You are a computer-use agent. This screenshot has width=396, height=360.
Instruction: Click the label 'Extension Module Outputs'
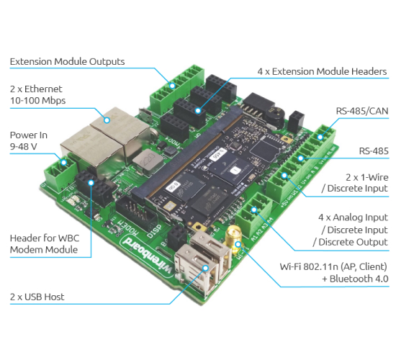tap(67, 62)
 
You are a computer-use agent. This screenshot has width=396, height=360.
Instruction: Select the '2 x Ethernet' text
tap(36, 89)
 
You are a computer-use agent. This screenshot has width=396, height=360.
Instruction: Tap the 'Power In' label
tap(29, 135)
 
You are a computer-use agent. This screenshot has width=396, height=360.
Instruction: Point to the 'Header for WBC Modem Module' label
tap(45, 244)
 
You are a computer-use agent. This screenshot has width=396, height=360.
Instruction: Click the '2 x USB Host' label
tap(37, 297)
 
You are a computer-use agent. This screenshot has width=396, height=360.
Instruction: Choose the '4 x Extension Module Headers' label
tap(322, 71)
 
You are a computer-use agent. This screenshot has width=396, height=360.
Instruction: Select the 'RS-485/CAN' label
tap(362, 111)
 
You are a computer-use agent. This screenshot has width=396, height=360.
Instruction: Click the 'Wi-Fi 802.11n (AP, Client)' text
tap(333, 267)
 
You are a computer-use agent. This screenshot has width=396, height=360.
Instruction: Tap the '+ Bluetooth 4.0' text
tap(355, 279)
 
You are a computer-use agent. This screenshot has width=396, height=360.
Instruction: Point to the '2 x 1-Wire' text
tap(367, 177)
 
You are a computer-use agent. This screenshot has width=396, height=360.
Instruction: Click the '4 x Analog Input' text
tap(353, 217)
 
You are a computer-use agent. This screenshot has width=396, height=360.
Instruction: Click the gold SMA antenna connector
tap(234, 235)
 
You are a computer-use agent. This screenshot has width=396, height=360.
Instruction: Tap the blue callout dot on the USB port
tap(206, 268)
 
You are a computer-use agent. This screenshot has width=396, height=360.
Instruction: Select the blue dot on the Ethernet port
tap(107, 120)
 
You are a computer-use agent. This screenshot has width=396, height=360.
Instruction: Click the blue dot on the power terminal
tap(64, 163)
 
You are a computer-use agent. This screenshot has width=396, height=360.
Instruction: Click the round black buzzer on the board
tap(274, 115)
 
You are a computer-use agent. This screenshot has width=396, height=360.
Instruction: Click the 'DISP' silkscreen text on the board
tap(154, 231)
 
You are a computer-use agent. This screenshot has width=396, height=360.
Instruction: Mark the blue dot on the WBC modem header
tap(91, 183)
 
